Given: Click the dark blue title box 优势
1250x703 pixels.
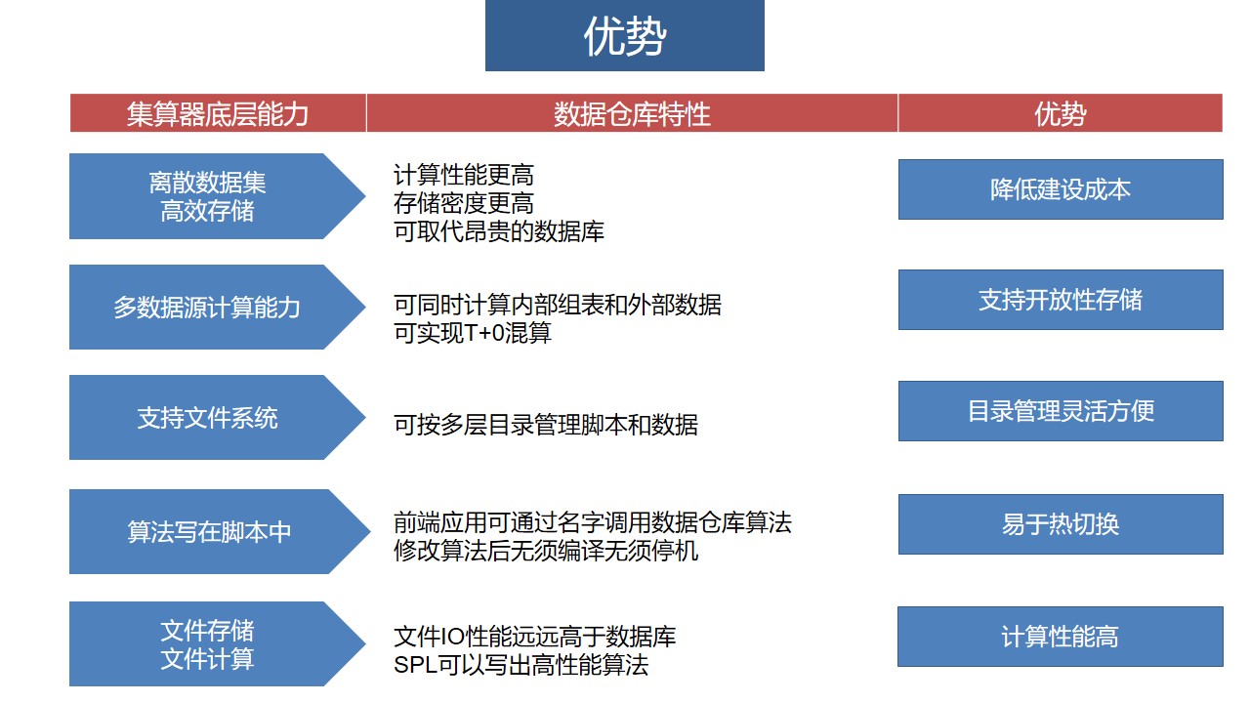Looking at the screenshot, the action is (x=624, y=35).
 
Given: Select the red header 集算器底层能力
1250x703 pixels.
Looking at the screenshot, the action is (x=218, y=113).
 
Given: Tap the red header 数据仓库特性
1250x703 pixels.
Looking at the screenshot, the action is (x=632, y=113).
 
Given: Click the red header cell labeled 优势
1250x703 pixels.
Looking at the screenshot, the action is (x=1061, y=113).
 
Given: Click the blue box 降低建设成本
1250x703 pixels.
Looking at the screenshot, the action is (x=1061, y=189).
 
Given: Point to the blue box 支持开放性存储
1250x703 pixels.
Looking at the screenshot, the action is (x=1061, y=300).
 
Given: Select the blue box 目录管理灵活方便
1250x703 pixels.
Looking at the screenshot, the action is (x=1061, y=411).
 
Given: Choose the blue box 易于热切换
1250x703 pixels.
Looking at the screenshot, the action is (x=1061, y=524).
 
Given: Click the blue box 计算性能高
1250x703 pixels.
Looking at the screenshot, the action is (x=1061, y=637).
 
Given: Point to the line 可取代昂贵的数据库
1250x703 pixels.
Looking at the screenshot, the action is (x=499, y=231).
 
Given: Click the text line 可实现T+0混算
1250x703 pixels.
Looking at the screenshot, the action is (x=473, y=333).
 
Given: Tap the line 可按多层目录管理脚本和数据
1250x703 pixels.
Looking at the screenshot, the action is (x=546, y=425).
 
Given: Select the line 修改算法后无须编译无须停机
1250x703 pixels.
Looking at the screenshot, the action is (x=546, y=552).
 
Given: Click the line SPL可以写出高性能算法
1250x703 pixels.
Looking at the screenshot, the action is (x=521, y=665).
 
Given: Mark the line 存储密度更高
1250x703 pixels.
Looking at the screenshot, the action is (x=464, y=203).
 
